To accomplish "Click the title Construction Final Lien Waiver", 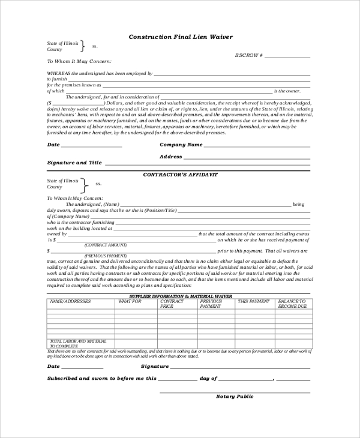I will tap(181, 36).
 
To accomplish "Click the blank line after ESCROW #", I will tap(287, 57).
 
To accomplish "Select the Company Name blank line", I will tap(258, 146).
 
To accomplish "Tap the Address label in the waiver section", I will tap(170, 157).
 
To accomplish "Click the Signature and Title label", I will tap(74, 163).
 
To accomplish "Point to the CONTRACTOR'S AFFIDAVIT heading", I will tap(180, 174).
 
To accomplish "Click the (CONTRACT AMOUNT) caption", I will tap(106, 245).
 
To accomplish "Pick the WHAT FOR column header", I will tap(130, 301).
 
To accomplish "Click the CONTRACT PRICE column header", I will tap(171, 304).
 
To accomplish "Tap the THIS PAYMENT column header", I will tap(254, 301).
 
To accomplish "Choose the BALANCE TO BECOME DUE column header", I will tap(292, 304).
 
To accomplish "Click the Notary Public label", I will tap(235, 396).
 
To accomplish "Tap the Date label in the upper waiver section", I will tap(53, 145).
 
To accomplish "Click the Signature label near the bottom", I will tap(154, 365).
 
